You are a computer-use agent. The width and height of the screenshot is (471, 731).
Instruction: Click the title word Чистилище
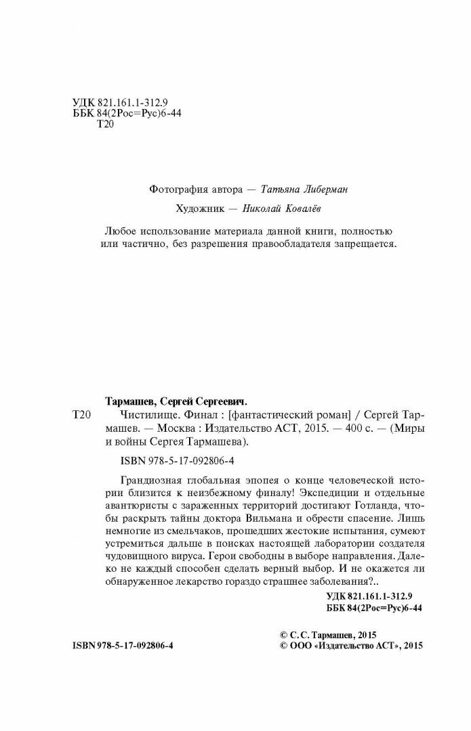click(132, 414)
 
